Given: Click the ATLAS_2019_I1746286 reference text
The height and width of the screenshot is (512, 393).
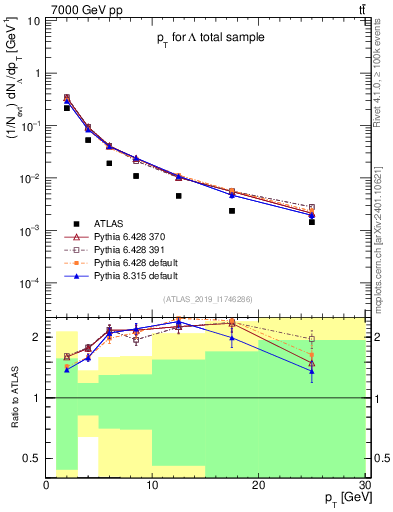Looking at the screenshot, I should [207, 299].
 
